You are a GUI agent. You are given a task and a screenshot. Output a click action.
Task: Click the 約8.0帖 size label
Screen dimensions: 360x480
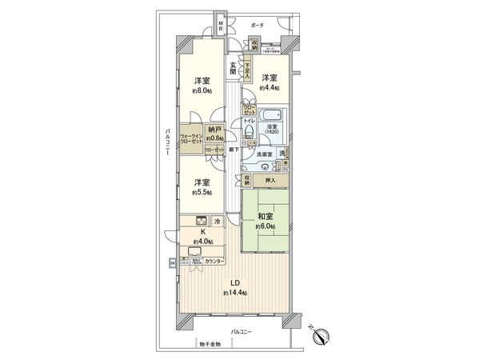202,92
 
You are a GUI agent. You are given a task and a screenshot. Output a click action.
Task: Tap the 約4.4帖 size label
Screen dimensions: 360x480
269,90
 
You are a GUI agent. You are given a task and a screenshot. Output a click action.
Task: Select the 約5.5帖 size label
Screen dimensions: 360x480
202,194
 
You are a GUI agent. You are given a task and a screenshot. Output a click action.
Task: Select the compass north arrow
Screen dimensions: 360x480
321,335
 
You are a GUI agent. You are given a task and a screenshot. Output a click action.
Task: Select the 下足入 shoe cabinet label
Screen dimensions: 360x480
246,65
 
